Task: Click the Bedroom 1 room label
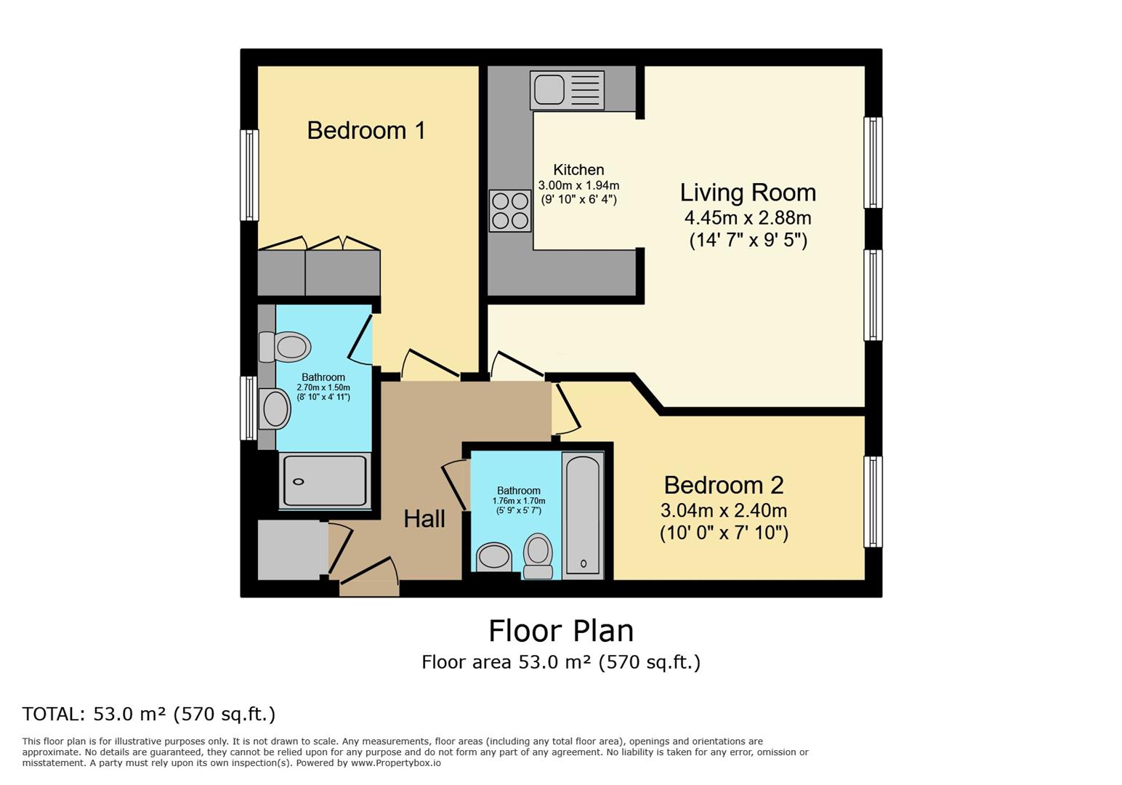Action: click(366, 131)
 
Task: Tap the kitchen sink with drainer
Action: click(567, 90)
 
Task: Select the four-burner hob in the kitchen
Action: click(510, 210)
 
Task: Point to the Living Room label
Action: click(748, 193)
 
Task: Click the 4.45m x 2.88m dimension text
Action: click(748, 218)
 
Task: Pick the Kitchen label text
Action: click(578, 170)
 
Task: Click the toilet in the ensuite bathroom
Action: click(286, 347)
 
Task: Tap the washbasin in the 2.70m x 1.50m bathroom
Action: click(275, 408)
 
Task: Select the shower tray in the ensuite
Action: click(325, 480)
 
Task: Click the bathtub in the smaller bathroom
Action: click(583, 515)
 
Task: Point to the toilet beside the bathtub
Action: click(538, 555)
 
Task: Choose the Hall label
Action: click(424, 519)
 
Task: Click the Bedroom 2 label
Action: click(724, 485)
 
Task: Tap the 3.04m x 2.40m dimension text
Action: click(724, 510)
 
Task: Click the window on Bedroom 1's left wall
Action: click(249, 175)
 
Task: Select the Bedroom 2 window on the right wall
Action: click(873, 502)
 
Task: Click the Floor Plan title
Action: click(561, 631)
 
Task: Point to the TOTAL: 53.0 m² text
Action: click(149, 714)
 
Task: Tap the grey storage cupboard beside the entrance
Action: click(288, 549)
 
